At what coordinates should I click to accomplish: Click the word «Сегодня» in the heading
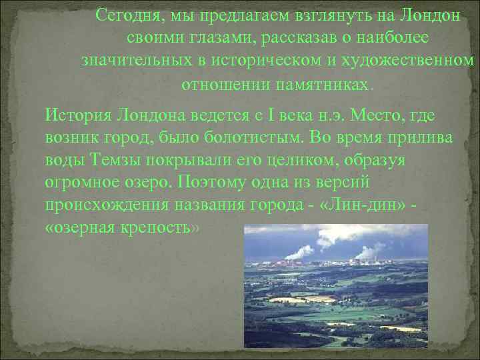[123, 15]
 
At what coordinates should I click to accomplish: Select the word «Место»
[365, 115]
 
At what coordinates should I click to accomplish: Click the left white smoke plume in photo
[298, 251]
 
